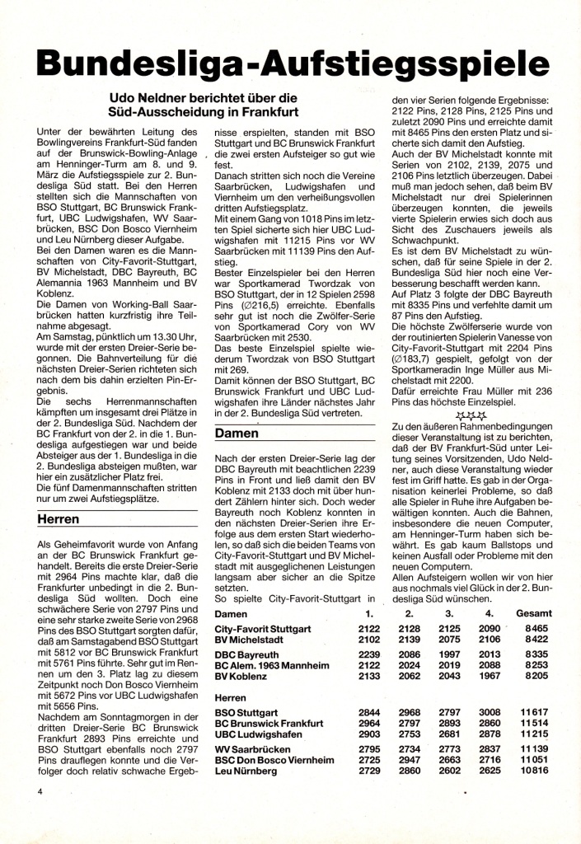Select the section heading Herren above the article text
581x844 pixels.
click(59, 519)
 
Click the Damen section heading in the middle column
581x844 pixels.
click(237, 433)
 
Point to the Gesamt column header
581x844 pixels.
click(533, 614)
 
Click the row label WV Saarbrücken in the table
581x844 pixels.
click(254, 749)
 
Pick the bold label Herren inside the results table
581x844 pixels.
click(232, 697)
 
